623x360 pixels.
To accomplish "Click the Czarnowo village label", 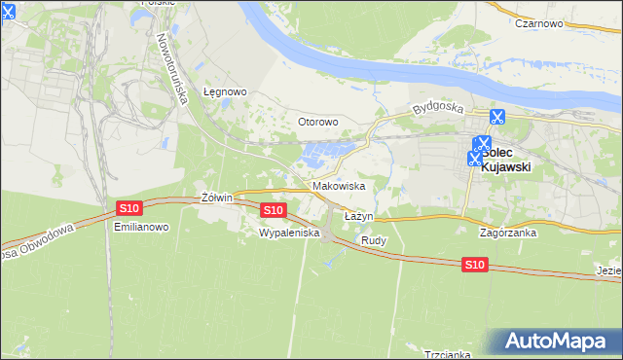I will point(542,23).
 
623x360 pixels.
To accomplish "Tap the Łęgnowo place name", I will point(225,92).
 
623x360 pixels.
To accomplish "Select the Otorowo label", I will point(317,122).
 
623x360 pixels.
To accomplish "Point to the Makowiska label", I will point(339,185).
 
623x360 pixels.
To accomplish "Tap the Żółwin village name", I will point(216,198).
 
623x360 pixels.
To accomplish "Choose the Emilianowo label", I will point(142,227).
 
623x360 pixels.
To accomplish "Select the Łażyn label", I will point(358,215).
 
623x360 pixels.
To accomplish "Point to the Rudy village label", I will point(374,239).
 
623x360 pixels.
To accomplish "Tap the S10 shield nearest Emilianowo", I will point(129,207).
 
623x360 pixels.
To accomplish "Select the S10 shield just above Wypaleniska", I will point(274,209).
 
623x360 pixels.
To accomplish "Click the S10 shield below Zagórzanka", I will point(474,265).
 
